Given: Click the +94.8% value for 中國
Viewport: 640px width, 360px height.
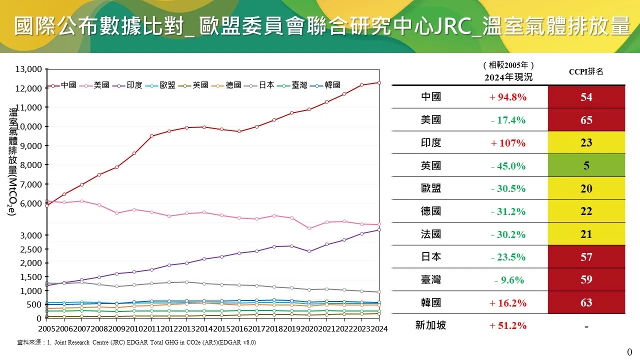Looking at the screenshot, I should point(508,97).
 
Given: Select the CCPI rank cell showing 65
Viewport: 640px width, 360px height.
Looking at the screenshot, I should point(586,120).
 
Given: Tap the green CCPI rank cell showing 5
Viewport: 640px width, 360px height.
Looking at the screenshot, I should point(586,166).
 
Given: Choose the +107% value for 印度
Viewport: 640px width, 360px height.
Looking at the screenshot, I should point(508,143).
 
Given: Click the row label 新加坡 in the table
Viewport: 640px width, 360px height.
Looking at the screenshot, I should point(430,325).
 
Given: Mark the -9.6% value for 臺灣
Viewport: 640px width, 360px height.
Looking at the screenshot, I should point(508,280).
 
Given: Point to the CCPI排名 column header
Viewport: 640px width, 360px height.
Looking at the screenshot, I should point(586,71).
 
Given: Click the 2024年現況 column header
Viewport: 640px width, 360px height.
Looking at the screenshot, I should point(508,77).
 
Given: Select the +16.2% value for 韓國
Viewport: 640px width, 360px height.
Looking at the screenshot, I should point(508,303).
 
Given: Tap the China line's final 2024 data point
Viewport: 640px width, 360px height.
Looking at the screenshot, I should point(379,82).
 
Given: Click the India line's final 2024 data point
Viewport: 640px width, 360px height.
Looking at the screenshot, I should point(379,229).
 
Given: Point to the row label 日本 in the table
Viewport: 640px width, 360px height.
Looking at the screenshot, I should point(430,257).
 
